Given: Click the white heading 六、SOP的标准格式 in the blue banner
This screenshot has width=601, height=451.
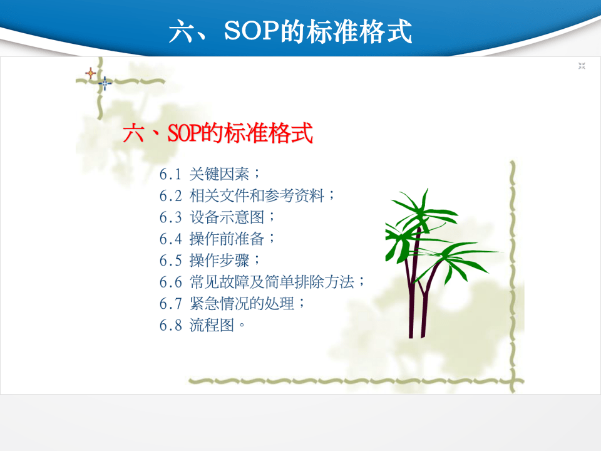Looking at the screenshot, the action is [290, 31].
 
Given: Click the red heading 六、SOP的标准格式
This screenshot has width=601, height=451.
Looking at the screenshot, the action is [218, 133].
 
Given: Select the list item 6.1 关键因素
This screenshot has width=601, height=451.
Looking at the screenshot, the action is [210, 174].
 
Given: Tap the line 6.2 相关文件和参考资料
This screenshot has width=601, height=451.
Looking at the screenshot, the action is [247, 195].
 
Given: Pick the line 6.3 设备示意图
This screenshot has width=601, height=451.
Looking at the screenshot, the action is [217, 217].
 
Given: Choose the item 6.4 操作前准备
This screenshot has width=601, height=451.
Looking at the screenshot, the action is [217, 239].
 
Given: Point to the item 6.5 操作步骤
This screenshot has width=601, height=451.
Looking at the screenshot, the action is [210, 260].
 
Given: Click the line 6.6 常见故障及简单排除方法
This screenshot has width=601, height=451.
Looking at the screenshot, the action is [262, 282].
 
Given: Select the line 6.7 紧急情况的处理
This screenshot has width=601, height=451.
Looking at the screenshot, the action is [232, 303].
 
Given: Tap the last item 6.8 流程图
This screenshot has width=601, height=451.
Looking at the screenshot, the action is [202, 325].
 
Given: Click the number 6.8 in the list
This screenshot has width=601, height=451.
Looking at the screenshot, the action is [170, 326].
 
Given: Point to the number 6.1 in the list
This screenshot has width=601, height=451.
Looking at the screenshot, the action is [170, 175].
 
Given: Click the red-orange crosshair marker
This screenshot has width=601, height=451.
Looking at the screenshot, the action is [90, 73].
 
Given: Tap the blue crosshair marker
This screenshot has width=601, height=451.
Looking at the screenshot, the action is [105, 83].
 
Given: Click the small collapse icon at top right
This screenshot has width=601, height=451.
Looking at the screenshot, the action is [582, 66].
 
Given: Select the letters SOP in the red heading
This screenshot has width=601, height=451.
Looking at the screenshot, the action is [184, 133].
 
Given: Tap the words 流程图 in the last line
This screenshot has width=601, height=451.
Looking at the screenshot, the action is [212, 325].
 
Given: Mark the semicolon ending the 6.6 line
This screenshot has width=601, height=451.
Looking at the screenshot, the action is [361, 283].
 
